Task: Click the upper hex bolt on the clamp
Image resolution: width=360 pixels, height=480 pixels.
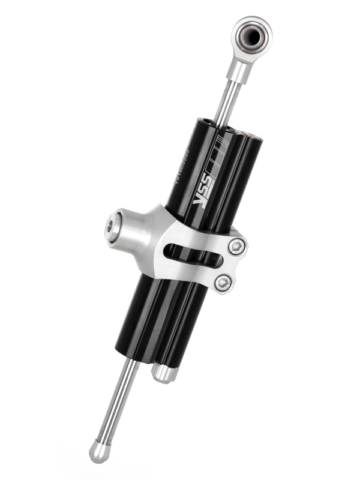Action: (238, 246)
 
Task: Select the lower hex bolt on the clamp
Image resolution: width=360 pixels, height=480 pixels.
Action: (224, 282)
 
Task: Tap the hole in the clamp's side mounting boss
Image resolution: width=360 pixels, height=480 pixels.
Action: (112, 226)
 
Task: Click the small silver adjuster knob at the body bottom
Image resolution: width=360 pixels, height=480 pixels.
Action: (163, 373)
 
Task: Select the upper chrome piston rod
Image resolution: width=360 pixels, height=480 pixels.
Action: (229, 100)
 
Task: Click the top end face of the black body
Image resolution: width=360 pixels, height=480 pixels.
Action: (213, 124)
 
